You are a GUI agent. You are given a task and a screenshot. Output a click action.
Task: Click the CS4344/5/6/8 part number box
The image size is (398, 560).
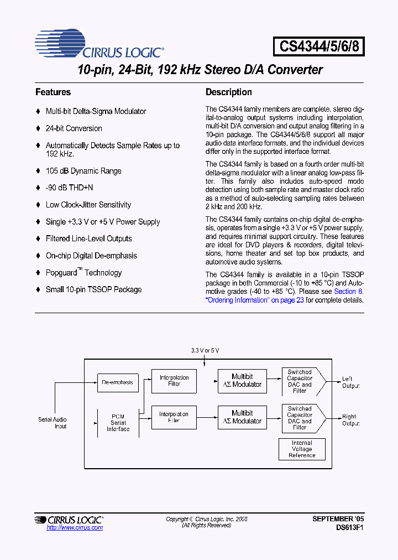pos(319,46)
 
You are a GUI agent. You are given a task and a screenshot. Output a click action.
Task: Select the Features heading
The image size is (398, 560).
pos(53,92)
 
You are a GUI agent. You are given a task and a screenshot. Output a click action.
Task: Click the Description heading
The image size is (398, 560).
pos(228,92)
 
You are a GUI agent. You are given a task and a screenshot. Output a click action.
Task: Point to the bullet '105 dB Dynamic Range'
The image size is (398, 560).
pos(83,171)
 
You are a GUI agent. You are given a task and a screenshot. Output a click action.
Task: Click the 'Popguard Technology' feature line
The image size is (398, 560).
pos(83,273)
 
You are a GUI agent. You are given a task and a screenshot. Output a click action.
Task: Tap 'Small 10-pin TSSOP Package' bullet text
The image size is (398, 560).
pos(93,289)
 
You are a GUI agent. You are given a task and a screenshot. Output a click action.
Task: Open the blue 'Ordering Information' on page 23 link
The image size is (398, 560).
pos(254,300)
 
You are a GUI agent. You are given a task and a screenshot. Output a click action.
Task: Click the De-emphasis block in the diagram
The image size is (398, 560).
pos(117,382)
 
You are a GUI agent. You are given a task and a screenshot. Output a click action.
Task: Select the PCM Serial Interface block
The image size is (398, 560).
pos(118,422)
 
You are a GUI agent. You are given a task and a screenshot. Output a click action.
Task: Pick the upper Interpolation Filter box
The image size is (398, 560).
pos(174,381)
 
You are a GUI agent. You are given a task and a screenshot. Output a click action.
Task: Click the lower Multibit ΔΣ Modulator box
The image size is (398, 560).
pos(242,417)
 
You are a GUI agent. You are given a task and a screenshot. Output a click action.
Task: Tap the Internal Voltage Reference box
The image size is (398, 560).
pos(302,449)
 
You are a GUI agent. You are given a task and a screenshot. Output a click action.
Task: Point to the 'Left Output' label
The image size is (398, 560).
pos(350,382)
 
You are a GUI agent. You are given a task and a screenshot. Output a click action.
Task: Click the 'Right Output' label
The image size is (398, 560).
pos(350,420)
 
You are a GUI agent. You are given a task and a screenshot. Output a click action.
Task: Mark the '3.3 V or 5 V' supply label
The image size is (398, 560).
pos(205,350)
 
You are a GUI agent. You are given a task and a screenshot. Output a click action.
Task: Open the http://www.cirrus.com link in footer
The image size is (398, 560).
pos(75,528)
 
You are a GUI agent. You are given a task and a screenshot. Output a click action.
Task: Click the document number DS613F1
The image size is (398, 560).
pos(350,528)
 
